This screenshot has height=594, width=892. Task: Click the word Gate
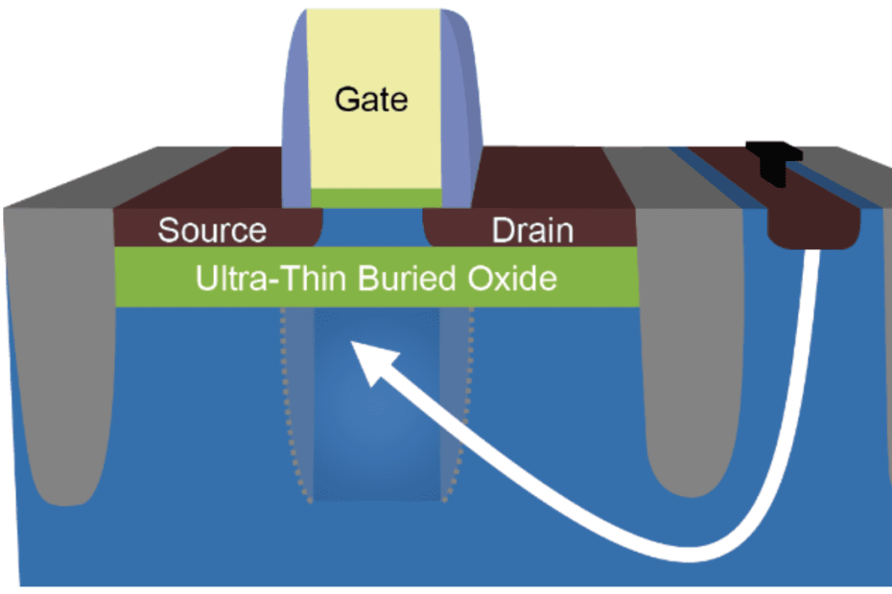coord(371,99)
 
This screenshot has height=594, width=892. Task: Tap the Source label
coord(212,230)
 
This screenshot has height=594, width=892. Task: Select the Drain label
coord(532,230)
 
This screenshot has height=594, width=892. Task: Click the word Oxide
coord(512,278)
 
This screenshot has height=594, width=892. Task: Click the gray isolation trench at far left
coord(58,383)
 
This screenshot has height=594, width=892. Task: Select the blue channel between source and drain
coord(374,230)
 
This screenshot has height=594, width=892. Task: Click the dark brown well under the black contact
coord(816,226)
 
